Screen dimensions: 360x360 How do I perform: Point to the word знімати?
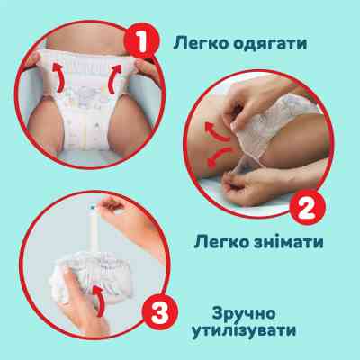coord(290,241)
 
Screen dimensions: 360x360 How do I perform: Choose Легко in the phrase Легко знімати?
coord(220,241)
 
